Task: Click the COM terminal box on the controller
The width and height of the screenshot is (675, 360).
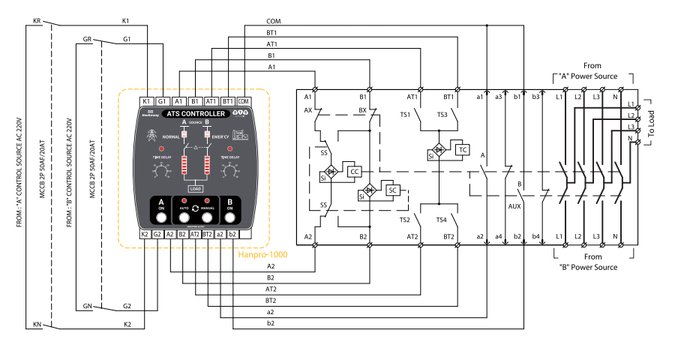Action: [243, 100]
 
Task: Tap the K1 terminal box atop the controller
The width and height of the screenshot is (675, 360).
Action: [147, 100]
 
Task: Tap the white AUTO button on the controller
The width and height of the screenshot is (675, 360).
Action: [183, 217]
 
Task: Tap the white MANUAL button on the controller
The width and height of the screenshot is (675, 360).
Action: [206, 217]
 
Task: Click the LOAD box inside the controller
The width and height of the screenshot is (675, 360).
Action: [195, 189]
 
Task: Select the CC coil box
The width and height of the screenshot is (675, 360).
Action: [354, 170]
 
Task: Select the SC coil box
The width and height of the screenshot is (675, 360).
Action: [392, 190]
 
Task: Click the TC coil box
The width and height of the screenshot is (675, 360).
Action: [463, 149]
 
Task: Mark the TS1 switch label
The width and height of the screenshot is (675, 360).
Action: [405, 115]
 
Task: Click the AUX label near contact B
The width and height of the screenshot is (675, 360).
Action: [514, 205]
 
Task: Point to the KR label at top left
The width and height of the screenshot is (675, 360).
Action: [37, 21]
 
